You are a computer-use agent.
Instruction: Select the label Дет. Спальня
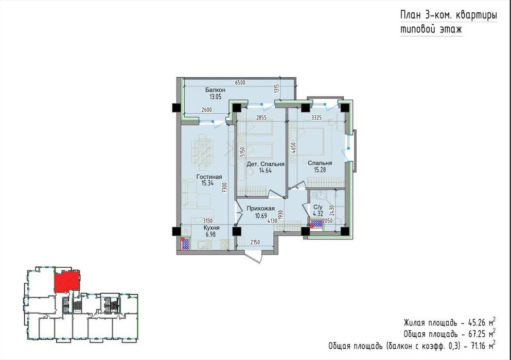pos(266,164)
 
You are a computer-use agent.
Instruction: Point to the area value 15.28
pos(320,169)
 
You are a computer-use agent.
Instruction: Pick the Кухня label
pos(212,227)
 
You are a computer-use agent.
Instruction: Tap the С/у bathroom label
pos(318,207)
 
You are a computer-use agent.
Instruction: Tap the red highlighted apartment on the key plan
pos(67,282)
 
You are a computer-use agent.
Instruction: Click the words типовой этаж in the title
pos(431,29)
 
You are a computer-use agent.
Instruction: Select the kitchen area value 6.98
pos(212,234)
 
